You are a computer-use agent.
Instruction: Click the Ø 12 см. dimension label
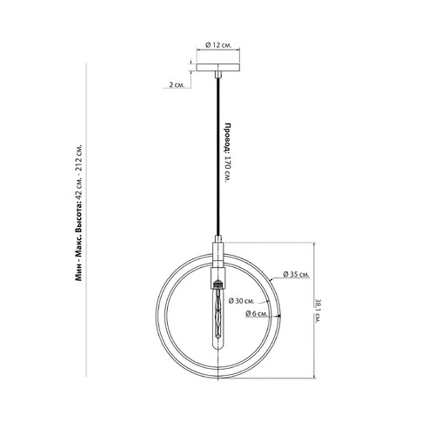click(x=218, y=45)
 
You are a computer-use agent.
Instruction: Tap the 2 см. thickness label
click(x=177, y=85)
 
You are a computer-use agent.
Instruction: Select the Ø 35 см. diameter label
click(x=296, y=274)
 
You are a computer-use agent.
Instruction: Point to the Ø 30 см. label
click(x=241, y=301)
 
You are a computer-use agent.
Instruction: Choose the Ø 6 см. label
click(x=257, y=313)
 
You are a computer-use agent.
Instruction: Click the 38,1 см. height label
click(x=318, y=311)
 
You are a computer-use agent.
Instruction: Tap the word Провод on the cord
click(x=229, y=137)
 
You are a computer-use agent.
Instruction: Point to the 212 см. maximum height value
click(x=79, y=157)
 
